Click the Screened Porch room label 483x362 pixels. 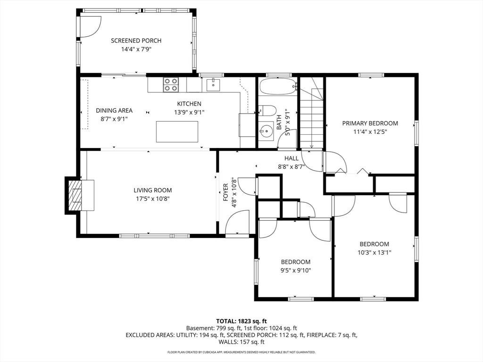(136, 41)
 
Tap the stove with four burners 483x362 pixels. (171, 85)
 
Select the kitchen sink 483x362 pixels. (213, 85)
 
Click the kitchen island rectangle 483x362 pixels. (177, 132)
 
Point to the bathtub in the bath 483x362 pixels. (278, 86)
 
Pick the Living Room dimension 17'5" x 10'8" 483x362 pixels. (153, 199)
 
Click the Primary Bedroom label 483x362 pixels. (370, 123)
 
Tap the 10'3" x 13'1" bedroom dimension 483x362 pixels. (374, 253)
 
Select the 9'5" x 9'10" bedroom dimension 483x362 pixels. (296, 271)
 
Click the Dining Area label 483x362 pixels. (114, 110)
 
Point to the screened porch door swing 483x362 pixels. (91, 27)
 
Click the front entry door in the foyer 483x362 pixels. (237, 222)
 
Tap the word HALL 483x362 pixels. (291, 158)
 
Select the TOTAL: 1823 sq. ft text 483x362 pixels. (241, 321)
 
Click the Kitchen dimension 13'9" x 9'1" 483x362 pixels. (189, 112)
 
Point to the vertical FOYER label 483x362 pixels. (226, 192)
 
